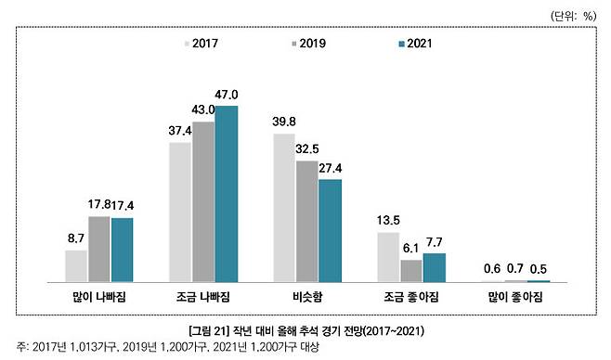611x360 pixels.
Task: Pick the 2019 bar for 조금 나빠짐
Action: (203, 201)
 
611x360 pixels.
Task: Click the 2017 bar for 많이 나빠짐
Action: (76, 265)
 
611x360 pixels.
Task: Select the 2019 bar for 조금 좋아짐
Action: (411, 270)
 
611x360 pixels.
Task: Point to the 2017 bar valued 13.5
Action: (388, 256)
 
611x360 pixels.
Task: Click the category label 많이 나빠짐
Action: (99, 296)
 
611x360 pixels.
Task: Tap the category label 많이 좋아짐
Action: (515, 296)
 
